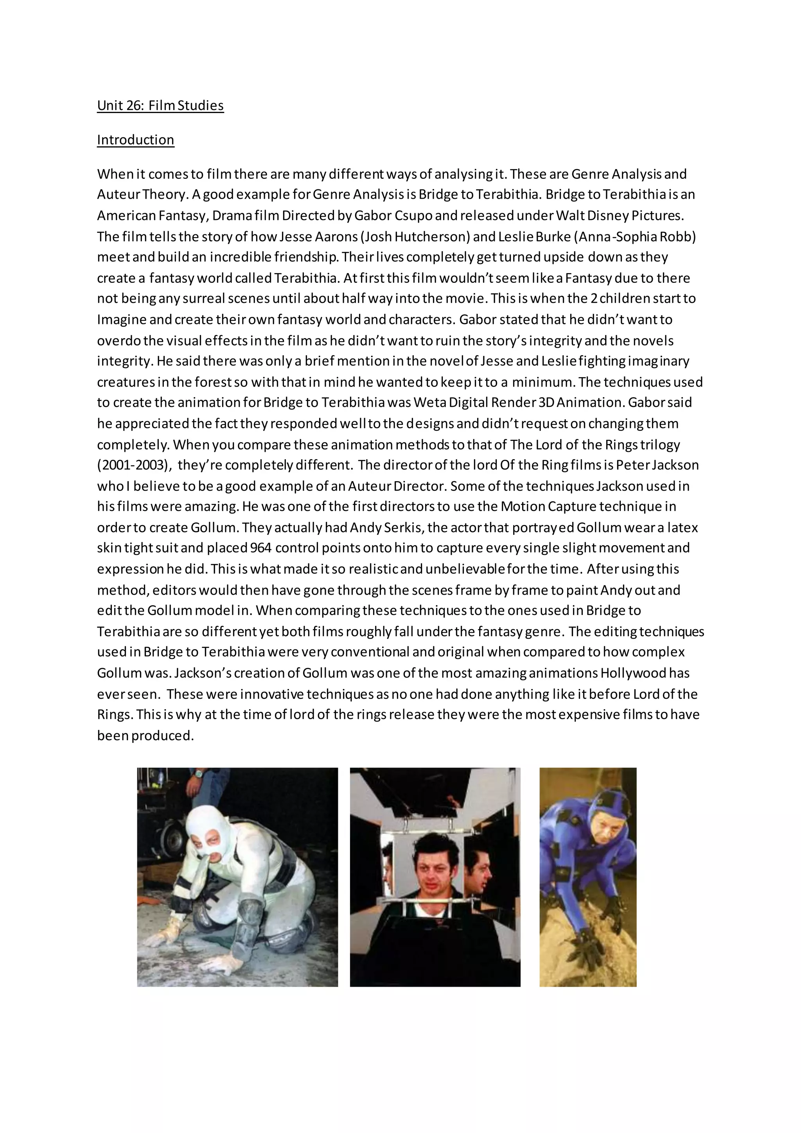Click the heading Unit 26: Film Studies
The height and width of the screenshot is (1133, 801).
160,106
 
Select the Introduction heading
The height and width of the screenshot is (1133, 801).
135,140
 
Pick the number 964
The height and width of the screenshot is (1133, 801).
260,548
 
